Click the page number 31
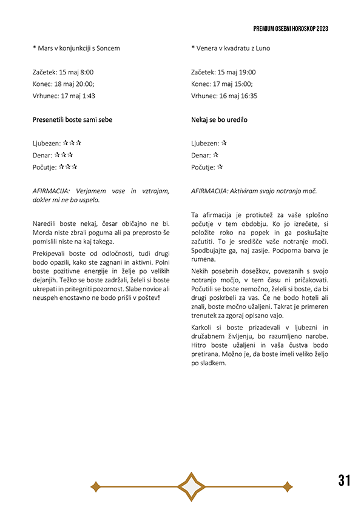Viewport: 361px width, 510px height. tap(344, 480)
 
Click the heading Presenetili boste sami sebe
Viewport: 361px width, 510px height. tap(72, 120)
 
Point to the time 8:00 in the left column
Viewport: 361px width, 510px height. tap(86, 72)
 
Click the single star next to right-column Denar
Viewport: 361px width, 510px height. tap(215, 155)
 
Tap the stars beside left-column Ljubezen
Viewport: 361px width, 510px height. tap(72, 143)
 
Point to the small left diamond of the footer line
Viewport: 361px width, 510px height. tap(95, 486)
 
